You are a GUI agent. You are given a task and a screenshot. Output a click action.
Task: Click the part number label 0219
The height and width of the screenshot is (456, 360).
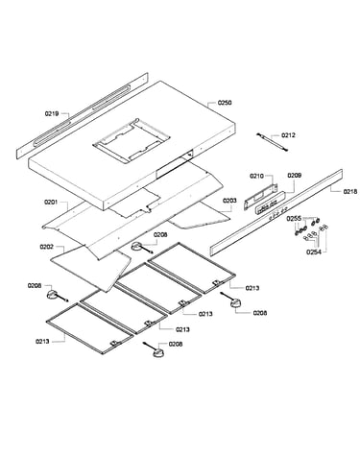coord(52,113)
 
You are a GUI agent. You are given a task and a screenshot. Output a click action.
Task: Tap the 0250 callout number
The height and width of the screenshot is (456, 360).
coord(225,103)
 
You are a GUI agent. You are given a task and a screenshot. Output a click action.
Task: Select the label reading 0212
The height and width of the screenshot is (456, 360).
coord(288,135)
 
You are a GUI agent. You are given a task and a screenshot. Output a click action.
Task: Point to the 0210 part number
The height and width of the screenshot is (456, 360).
coord(256,176)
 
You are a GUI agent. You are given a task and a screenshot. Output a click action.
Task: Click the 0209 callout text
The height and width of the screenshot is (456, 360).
coord(294,176)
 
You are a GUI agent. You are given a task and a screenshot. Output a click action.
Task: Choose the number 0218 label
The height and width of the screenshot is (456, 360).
coord(350,192)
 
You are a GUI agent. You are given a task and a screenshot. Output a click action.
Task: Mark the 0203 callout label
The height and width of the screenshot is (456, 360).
coord(229,201)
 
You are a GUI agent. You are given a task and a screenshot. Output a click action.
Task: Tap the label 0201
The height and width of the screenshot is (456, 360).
coord(51,202)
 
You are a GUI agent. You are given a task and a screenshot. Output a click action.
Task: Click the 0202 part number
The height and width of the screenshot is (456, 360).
coord(47,247)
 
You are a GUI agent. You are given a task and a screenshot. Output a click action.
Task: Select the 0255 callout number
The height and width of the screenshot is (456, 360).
coord(294,219)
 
